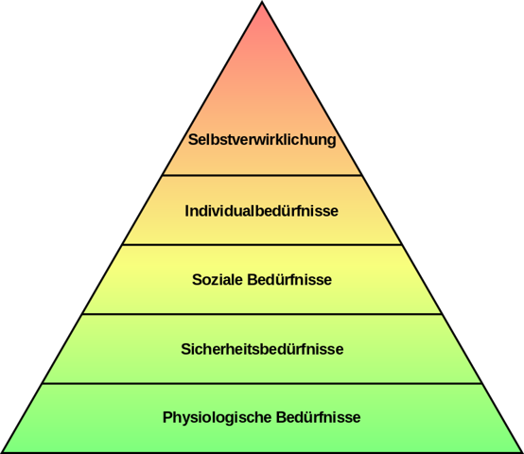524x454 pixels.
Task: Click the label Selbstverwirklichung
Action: coord(262,140)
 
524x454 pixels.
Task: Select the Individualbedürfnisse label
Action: coord(262,211)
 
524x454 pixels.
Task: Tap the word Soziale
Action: coord(218,280)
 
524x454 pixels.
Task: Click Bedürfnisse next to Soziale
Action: coord(289,280)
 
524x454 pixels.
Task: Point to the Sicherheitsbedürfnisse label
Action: coord(262,349)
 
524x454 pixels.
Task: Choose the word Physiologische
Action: coord(218,418)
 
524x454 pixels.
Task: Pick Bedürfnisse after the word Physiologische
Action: coord(319,417)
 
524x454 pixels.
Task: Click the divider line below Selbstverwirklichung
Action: coord(262,175)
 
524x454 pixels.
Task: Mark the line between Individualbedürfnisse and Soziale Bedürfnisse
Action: coord(262,245)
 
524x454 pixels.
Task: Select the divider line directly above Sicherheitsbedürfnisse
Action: coord(262,314)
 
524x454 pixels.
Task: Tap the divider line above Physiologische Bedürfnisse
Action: coord(262,383)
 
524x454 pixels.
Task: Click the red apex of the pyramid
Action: coord(262,3)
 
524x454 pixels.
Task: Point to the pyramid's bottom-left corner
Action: coord(2,452)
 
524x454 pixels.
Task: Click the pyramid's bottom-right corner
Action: coord(522,452)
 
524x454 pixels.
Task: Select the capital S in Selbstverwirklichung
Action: coord(193,140)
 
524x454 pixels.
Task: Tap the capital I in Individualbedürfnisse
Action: coord(187,211)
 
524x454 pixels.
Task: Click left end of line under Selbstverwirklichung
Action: coord(163,175)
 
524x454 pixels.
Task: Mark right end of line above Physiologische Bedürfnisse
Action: coord(481,383)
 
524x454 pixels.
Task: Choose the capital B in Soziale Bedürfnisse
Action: coord(253,280)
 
